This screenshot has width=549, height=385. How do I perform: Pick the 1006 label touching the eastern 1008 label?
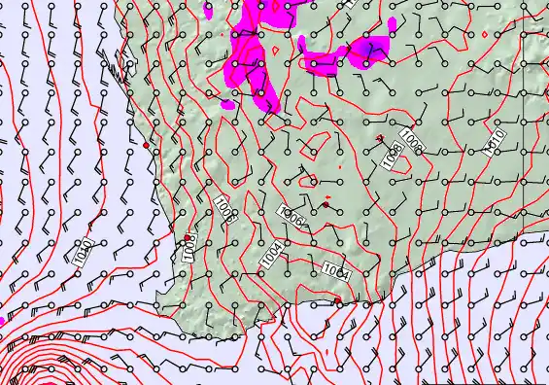pyautogui.click(x=411, y=144)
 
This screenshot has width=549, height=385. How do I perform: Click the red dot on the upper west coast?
pyautogui.click(x=147, y=145)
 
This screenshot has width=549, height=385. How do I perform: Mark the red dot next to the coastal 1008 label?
pyautogui.click(x=188, y=237)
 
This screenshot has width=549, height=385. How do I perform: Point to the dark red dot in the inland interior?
pyautogui.click(x=327, y=198)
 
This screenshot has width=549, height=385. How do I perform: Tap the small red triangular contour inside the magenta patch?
pyautogui.click(x=275, y=46)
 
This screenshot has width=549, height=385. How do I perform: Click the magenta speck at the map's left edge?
pyautogui.click(x=2, y=318)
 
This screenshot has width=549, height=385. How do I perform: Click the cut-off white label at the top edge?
pyautogui.click(x=351, y=3)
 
